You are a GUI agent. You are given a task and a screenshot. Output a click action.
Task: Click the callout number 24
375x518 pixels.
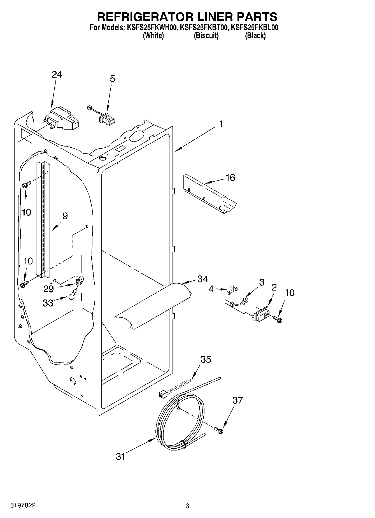point(57,75)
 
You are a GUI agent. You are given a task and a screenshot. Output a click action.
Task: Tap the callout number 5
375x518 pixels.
point(112,79)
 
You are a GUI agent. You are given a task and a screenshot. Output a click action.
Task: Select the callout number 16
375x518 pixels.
point(230,178)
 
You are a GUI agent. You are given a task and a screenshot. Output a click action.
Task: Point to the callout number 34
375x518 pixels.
point(202,279)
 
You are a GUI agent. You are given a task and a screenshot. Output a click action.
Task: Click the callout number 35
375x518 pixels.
point(206,359)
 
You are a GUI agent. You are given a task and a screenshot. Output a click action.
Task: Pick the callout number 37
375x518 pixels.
point(237,400)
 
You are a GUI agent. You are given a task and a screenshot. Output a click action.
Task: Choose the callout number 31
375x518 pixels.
point(120,456)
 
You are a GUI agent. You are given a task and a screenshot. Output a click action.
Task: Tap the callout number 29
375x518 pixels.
point(48,289)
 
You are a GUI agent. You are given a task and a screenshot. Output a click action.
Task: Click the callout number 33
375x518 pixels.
point(48,303)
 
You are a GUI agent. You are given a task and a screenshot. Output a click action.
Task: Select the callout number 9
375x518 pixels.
point(65,216)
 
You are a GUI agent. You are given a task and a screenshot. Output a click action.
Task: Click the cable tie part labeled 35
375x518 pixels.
point(174,388)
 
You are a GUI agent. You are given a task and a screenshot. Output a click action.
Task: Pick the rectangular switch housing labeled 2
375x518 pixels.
point(261,314)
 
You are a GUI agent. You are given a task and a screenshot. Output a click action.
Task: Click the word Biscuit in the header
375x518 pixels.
point(206,36)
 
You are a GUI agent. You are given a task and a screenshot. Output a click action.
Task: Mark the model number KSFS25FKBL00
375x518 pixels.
point(254,28)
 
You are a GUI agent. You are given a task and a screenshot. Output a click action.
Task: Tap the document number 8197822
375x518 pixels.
point(23,506)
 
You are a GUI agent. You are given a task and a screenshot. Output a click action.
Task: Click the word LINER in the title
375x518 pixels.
point(215,17)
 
